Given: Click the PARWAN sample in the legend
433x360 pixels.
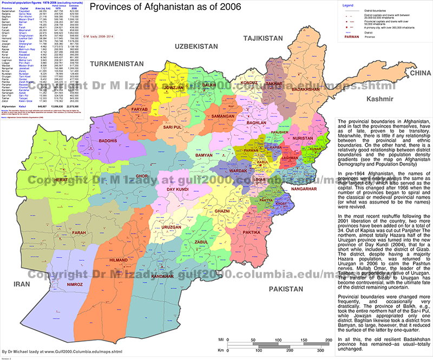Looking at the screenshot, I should pyautogui.click(x=353, y=37).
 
